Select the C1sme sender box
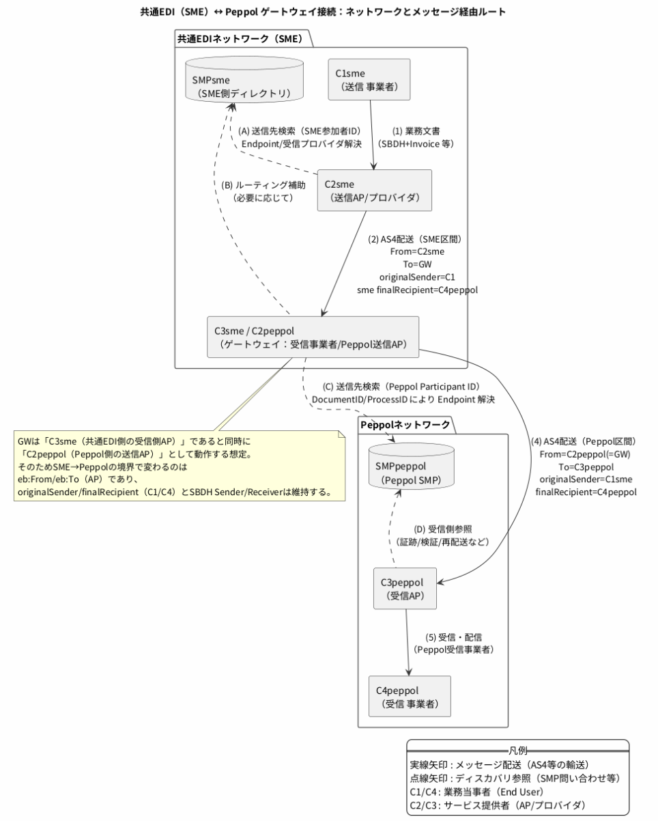370,79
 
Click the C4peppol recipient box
410,695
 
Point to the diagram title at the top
328,12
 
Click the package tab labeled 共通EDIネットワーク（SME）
240,39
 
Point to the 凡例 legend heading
517,749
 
